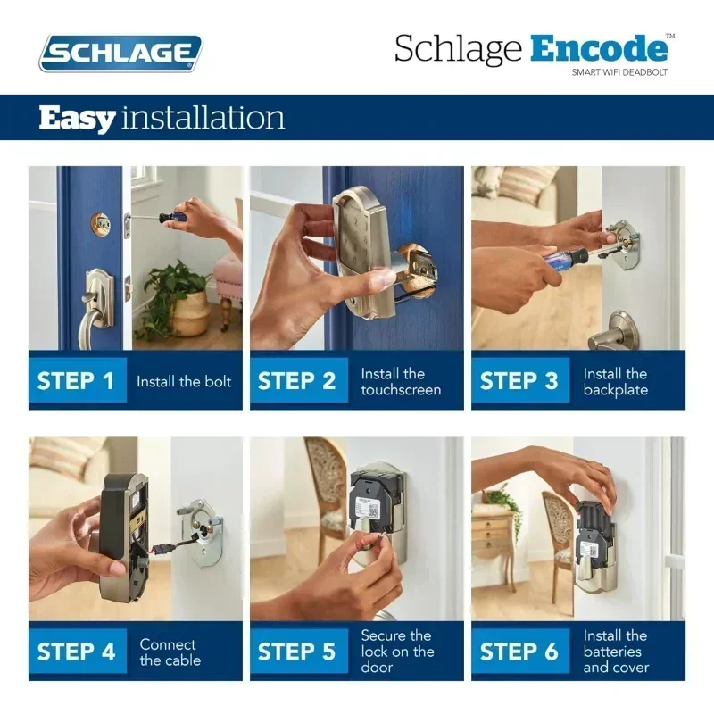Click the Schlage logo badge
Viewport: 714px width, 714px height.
(x=120, y=53)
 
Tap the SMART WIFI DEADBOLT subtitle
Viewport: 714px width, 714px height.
(x=619, y=72)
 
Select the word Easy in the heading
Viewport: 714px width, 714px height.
(x=77, y=118)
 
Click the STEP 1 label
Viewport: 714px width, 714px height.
(x=76, y=381)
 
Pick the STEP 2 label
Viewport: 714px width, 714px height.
(x=297, y=381)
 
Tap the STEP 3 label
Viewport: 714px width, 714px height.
(x=519, y=381)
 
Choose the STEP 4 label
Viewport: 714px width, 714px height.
(x=76, y=652)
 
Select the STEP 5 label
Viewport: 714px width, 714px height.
(x=297, y=652)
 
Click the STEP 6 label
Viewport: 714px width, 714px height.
(x=519, y=652)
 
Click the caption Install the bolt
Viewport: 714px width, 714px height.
(x=184, y=382)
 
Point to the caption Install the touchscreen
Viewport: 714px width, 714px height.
(x=401, y=382)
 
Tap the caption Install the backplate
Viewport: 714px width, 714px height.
(x=615, y=382)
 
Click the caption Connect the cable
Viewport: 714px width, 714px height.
(x=170, y=652)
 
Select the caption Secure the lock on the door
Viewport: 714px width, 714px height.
(x=397, y=652)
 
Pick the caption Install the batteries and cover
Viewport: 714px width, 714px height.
(x=615, y=652)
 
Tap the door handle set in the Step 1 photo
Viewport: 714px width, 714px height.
(x=95, y=299)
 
